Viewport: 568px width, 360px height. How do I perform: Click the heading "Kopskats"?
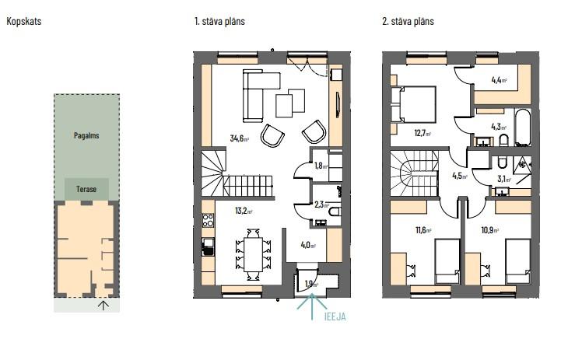[24, 21]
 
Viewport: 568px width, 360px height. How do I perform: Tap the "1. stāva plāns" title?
[219, 21]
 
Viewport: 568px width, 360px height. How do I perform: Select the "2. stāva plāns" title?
[408, 21]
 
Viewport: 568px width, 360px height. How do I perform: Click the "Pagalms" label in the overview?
[86, 136]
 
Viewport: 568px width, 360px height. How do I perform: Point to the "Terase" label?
[86, 189]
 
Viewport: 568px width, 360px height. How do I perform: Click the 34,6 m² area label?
[240, 138]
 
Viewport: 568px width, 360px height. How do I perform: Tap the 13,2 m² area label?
[244, 211]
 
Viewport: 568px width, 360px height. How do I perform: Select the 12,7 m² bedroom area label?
[422, 133]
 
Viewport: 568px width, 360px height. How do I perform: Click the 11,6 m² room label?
[423, 230]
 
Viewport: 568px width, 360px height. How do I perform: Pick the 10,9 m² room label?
[489, 230]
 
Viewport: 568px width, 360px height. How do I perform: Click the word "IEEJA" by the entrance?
[335, 317]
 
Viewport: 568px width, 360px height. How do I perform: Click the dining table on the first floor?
[253, 254]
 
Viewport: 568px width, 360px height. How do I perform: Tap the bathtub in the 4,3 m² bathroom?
[523, 128]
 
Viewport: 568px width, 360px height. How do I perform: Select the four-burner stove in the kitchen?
[208, 221]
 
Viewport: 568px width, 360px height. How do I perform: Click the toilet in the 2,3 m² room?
[335, 211]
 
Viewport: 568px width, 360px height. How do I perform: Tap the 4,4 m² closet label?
[499, 80]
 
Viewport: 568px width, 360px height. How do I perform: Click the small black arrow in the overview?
[103, 306]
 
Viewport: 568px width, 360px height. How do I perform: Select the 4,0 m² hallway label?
[308, 245]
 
